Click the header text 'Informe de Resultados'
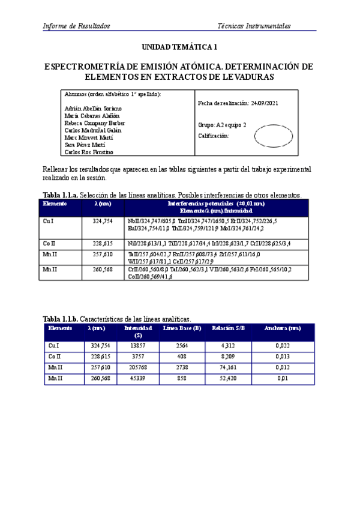76,26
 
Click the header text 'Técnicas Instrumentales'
254,26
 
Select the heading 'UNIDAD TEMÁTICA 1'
179,47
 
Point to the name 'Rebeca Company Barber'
95,123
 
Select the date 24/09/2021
265,103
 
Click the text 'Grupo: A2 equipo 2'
222,125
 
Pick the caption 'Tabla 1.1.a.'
60,194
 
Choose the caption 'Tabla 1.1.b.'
60,319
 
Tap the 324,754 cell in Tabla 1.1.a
103,221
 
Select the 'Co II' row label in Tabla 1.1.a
49,244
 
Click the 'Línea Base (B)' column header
182,328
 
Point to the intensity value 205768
138,367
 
